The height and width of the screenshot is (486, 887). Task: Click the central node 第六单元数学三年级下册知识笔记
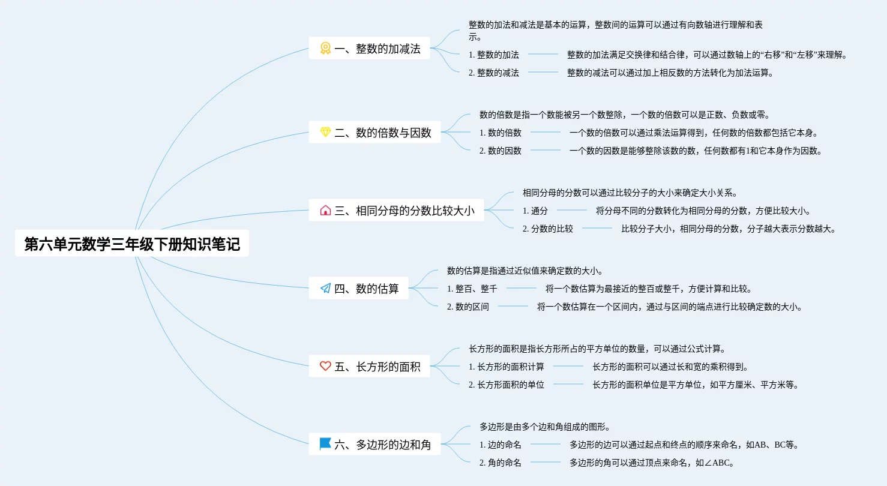click(132, 244)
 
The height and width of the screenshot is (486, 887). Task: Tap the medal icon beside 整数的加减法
click(325, 49)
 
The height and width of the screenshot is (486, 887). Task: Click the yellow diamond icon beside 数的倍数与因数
click(325, 133)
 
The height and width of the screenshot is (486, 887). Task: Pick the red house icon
click(325, 211)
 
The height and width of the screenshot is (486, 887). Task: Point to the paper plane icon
click(325, 289)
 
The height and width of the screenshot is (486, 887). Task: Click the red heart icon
click(325, 366)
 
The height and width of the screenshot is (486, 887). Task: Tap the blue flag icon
click(325, 444)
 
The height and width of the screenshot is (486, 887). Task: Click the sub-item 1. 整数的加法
click(494, 55)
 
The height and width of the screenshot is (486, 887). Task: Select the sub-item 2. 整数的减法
click(494, 73)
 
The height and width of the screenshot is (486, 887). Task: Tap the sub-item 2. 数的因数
click(501, 151)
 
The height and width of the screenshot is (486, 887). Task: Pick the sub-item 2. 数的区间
click(468, 307)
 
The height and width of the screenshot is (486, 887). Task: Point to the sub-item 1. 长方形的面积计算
click(507, 367)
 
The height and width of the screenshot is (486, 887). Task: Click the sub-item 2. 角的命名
click(501, 463)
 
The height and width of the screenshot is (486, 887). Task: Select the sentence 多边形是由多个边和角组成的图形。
click(545, 427)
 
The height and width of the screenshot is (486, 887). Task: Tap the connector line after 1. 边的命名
click(546, 445)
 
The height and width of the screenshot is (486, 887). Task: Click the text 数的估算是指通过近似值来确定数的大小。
click(525, 271)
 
